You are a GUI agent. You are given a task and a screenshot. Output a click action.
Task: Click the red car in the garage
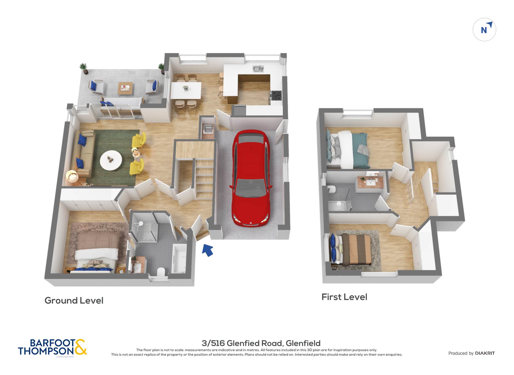point(251,178)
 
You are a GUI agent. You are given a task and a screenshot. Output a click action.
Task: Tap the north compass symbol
point(484,30)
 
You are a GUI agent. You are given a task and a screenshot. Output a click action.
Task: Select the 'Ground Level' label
point(74,300)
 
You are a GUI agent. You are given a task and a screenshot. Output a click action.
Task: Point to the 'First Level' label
point(344,297)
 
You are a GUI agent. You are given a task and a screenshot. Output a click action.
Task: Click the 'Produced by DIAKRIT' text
point(472,353)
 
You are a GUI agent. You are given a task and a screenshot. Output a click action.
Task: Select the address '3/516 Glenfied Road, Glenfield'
point(261,343)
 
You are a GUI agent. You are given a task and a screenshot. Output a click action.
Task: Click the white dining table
point(186,90)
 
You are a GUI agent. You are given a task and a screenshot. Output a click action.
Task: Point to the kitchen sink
point(258,68)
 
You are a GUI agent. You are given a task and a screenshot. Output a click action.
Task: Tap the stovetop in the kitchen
point(276,95)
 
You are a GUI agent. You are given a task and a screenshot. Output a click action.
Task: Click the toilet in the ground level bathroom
point(161,272)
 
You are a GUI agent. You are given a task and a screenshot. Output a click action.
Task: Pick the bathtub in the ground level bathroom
point(180,259)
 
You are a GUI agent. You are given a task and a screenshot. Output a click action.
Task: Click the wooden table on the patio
point(125,89)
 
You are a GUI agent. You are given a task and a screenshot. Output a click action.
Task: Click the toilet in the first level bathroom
point(332,190)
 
